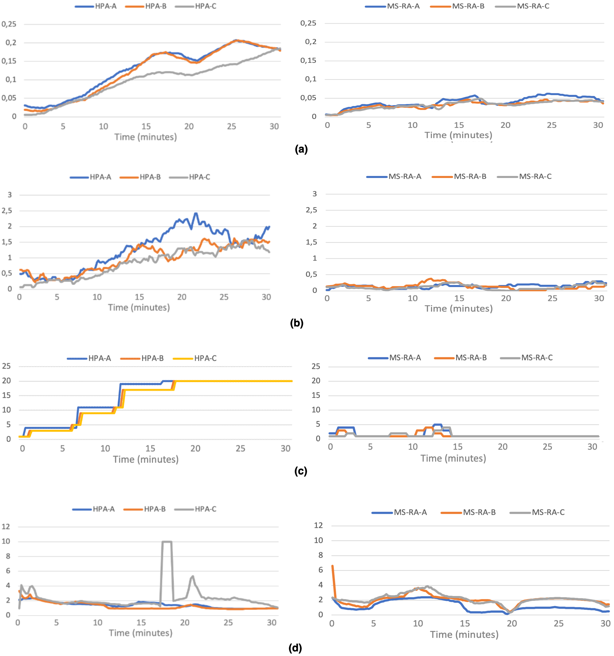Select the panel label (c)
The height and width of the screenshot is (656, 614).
point(300,471)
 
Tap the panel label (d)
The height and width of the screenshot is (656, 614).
point(295,648)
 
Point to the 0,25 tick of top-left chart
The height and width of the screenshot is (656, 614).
point(9,24)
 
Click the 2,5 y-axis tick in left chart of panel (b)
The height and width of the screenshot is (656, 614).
point(7,211)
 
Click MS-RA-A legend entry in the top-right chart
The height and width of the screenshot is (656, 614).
point(403,6)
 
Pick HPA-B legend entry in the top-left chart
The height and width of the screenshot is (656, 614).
point(156,6)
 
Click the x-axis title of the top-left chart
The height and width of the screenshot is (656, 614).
point(145,137)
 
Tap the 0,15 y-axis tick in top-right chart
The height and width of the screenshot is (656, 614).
point(308,60)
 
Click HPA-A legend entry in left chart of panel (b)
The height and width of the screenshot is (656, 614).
point(100,177)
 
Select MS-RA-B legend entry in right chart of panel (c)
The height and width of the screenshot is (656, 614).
point(471,358)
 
